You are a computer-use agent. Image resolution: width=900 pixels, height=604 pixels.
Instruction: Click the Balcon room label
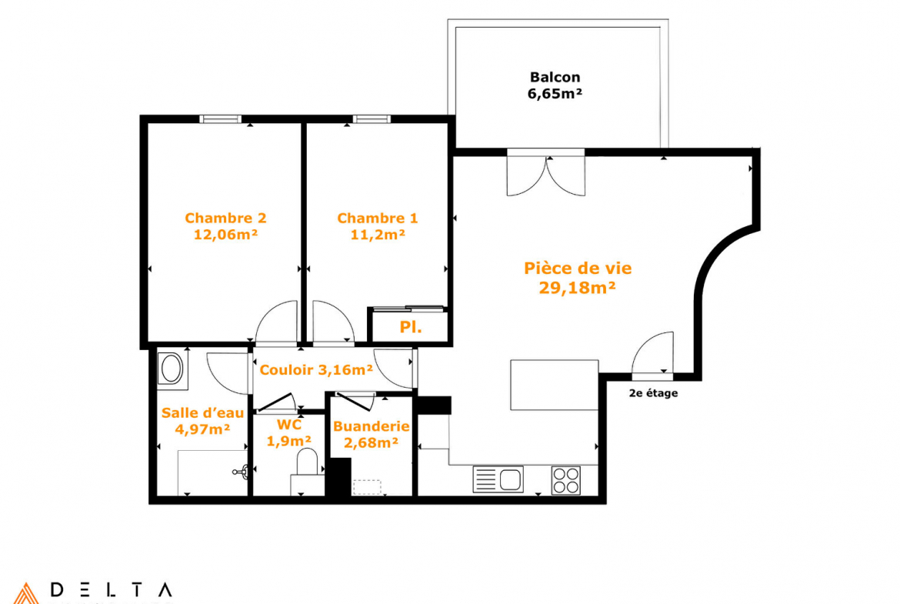555,77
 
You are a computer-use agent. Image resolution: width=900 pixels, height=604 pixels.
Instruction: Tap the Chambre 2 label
225,219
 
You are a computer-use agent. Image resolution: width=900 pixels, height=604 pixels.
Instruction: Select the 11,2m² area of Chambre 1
378,234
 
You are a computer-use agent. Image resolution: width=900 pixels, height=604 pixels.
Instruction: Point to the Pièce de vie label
578,268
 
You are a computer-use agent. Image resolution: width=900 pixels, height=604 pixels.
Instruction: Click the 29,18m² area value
578,288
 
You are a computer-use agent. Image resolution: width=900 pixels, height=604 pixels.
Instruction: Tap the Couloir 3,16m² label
316,370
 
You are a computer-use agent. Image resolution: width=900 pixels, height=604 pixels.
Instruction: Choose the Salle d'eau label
202,413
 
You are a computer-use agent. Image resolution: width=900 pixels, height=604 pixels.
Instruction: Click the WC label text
289,425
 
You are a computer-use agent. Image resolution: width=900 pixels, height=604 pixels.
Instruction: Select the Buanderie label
372,426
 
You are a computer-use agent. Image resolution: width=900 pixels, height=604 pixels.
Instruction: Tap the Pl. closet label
411,327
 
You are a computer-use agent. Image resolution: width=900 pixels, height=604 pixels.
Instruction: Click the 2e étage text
653,393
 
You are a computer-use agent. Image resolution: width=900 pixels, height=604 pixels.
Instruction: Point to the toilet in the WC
307,465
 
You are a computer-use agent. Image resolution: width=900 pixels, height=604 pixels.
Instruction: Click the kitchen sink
498,479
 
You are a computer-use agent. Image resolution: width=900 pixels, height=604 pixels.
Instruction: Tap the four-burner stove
566,481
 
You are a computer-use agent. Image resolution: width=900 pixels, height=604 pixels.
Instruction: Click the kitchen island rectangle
555,385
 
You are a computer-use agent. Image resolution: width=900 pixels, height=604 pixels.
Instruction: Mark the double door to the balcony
546,172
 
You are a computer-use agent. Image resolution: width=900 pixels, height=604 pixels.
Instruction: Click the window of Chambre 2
221,118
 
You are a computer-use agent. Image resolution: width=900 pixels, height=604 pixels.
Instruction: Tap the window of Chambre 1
372,118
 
